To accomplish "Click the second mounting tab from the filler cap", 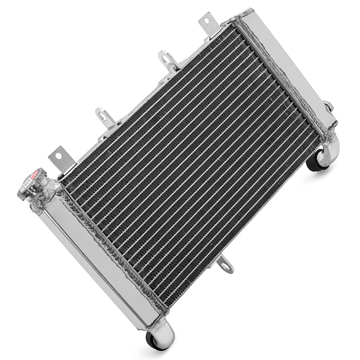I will [x=105, y=118].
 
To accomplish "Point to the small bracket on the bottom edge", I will [x=225, y=264].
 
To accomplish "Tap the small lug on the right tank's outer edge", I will [x=329, y=106].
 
